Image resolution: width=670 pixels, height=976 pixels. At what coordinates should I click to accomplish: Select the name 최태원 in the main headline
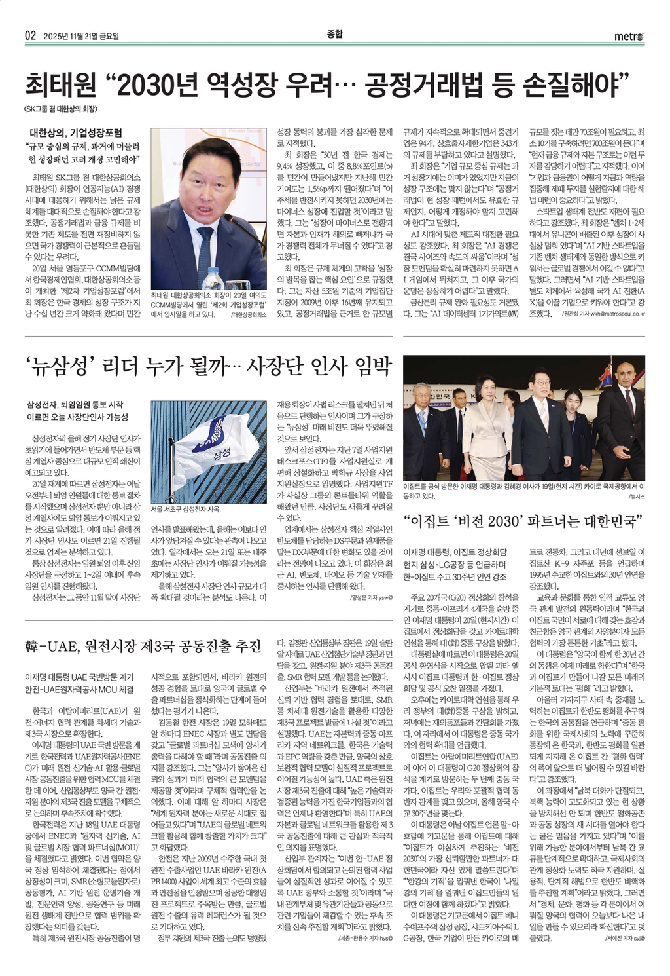click(x=60, y=83)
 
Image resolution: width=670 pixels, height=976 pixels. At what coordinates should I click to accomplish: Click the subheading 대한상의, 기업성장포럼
click(x=76, y=132)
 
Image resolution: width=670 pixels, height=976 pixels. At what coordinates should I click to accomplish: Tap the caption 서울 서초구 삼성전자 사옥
click(x=186, y=509)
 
